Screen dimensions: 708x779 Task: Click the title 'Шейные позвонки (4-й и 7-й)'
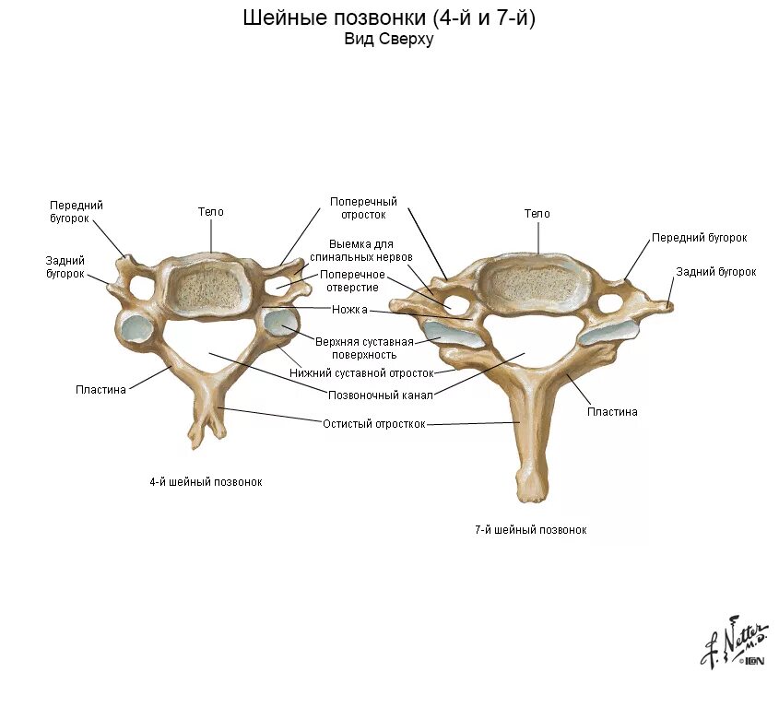[x=388, y=18]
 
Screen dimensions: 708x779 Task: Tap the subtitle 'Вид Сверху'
[x=388, y=40]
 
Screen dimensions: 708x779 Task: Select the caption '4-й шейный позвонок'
[x=206, y=482]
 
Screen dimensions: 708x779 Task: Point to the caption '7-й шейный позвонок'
[x=530, y=530]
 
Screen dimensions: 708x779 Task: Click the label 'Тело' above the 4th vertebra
[x=210, y=212]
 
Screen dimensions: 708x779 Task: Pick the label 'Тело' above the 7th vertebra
[x=537, y=214]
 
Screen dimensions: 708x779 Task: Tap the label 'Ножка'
[x=349, y=310]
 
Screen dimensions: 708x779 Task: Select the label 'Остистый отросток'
[x=373, y=424]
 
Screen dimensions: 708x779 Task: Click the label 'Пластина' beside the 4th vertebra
[x=100, y=389]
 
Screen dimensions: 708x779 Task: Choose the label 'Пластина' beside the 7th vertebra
[x=612, y=412]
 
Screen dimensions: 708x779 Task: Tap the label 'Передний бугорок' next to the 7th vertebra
[x=699, y=238]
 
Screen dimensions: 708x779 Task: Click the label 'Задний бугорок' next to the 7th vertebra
[x=715, y=272]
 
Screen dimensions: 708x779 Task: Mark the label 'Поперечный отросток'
[x=363, y=207]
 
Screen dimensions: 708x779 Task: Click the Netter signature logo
[x=733, y=642]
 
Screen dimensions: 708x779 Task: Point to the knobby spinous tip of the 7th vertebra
[x=530, y=483]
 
